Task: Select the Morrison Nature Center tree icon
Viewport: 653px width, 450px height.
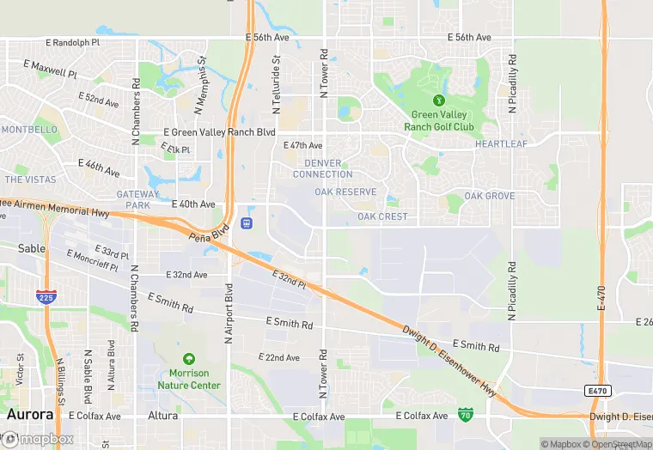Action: click(188, 359)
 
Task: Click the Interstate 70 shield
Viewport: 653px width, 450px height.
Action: click(465, 415)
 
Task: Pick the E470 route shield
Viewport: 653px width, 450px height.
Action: click(599, 391)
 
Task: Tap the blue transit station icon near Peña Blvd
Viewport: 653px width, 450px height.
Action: click(247, 223)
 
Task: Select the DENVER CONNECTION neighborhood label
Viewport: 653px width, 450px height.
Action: click(322, 168)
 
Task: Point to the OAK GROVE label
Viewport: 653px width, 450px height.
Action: click(490, 196)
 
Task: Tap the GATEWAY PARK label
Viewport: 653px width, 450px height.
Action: click(137, 200)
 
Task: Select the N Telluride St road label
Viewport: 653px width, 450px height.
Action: click(277, 86)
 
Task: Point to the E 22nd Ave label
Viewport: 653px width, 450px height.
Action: click(278, 357)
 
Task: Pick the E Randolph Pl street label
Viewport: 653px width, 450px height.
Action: click(63, 42)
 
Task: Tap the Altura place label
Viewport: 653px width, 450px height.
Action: click(162, 416)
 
